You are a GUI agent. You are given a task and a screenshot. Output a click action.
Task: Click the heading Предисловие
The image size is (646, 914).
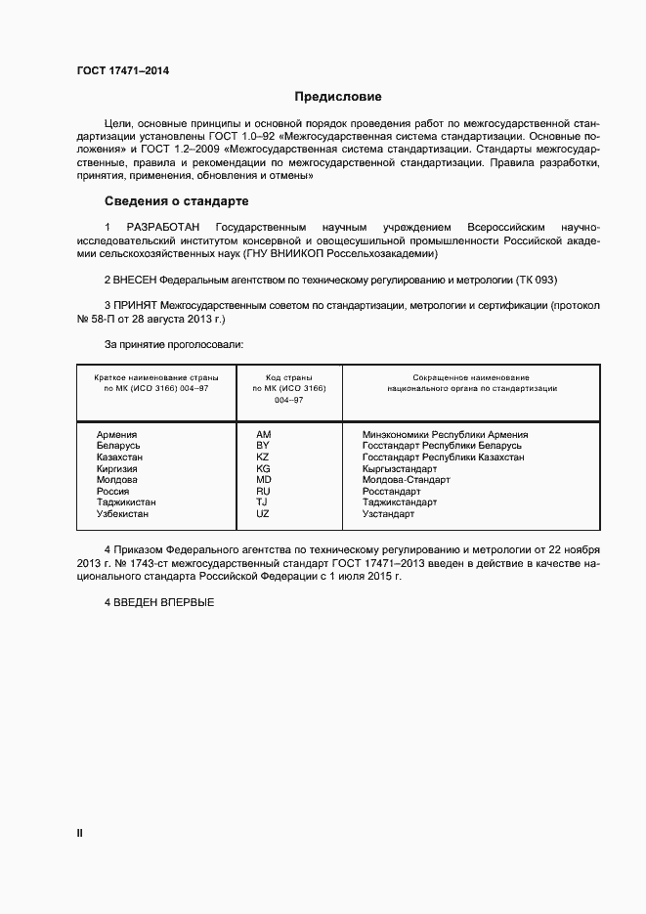(x=338, y=97)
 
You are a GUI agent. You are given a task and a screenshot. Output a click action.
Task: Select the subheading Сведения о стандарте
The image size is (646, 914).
(x=176, y=201)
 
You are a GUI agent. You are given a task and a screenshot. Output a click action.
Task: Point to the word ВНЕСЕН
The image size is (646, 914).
(x=137, y=279)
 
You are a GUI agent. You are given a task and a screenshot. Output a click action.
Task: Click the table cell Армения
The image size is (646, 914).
(x=116, y=434)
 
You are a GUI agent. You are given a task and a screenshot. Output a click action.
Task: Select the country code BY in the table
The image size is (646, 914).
(x=262, y=446)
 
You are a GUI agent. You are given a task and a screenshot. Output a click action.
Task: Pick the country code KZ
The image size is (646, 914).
(x=262, y=457)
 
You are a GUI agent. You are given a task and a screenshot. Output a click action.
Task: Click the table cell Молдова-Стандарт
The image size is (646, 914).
(x=406, y=480)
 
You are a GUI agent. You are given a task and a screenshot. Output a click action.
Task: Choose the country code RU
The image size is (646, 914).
(x=262, y=491)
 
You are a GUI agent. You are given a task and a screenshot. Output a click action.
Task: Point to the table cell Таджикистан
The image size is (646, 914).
(x=126, y=502)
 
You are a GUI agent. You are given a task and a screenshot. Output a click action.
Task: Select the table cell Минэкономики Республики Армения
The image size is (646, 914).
(x=445, y=434)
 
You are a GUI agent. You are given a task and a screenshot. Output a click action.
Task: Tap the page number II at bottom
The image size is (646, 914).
(x=80, y=833)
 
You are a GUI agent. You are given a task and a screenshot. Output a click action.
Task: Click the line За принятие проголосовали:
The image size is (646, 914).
(x=173, y=344)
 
